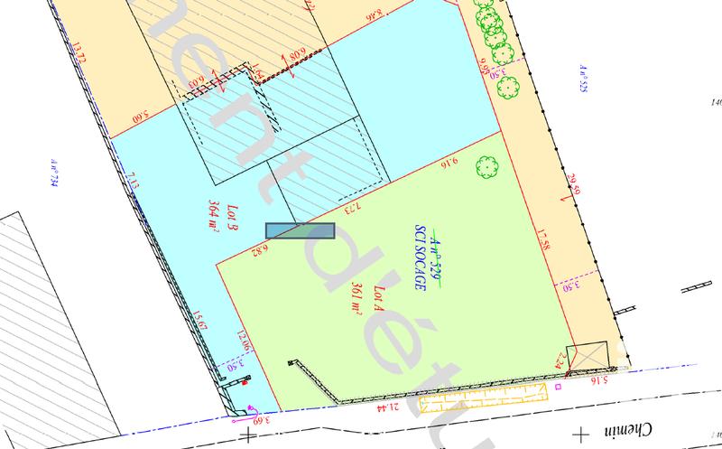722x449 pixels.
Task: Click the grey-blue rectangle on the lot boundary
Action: point(301,232)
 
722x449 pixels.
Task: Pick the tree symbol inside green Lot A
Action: point(486,166)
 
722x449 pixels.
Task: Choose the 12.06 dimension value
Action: point(242,344)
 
